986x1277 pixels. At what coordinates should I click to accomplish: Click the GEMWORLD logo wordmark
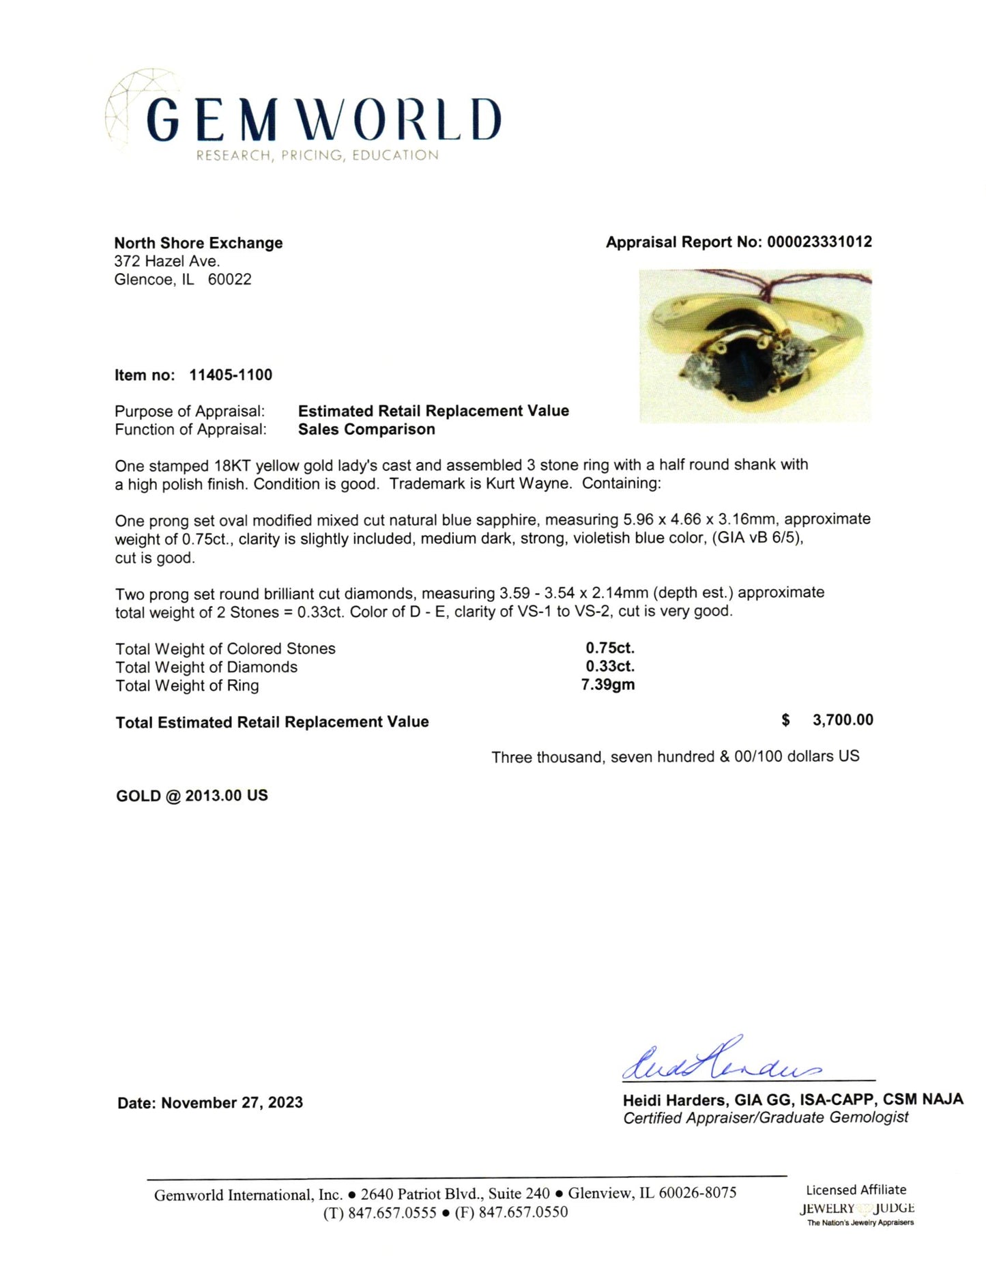(324, 120)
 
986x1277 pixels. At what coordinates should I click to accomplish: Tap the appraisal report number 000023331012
(819, 242)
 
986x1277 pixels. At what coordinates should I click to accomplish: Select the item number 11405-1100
(231, 375)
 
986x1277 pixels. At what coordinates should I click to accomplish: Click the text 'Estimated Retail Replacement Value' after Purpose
(433, 411)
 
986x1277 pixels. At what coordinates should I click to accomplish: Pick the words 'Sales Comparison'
(366, 429)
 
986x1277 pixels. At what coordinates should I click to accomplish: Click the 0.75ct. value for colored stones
(610, 648)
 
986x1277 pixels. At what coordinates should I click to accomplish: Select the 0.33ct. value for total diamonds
(610, 667)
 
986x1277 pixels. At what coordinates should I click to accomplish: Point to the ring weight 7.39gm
(608, 685)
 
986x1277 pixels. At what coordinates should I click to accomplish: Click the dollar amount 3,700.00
(843, 720)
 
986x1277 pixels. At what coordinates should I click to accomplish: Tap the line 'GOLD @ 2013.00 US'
(192, 796)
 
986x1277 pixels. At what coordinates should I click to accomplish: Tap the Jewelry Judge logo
(858, 1208)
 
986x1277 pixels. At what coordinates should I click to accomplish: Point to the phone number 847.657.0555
(392, 1212)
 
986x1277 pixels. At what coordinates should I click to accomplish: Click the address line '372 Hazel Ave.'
(167, 261)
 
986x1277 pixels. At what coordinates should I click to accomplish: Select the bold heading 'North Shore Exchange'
(199, 243)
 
